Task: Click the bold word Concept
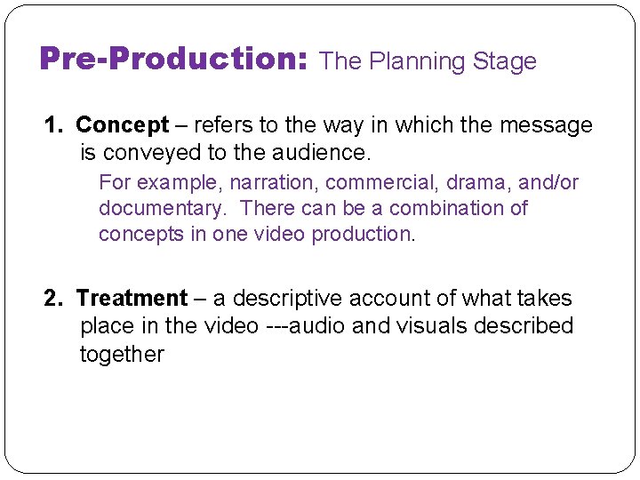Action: coord(122,125)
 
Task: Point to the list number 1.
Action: coord(52,125)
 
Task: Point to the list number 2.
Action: coord(52,299)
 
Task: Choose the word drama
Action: coord(478,183)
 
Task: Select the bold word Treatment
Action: coord(132,299)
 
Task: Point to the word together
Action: coord(122,355)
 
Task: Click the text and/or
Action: coord(549,183)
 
